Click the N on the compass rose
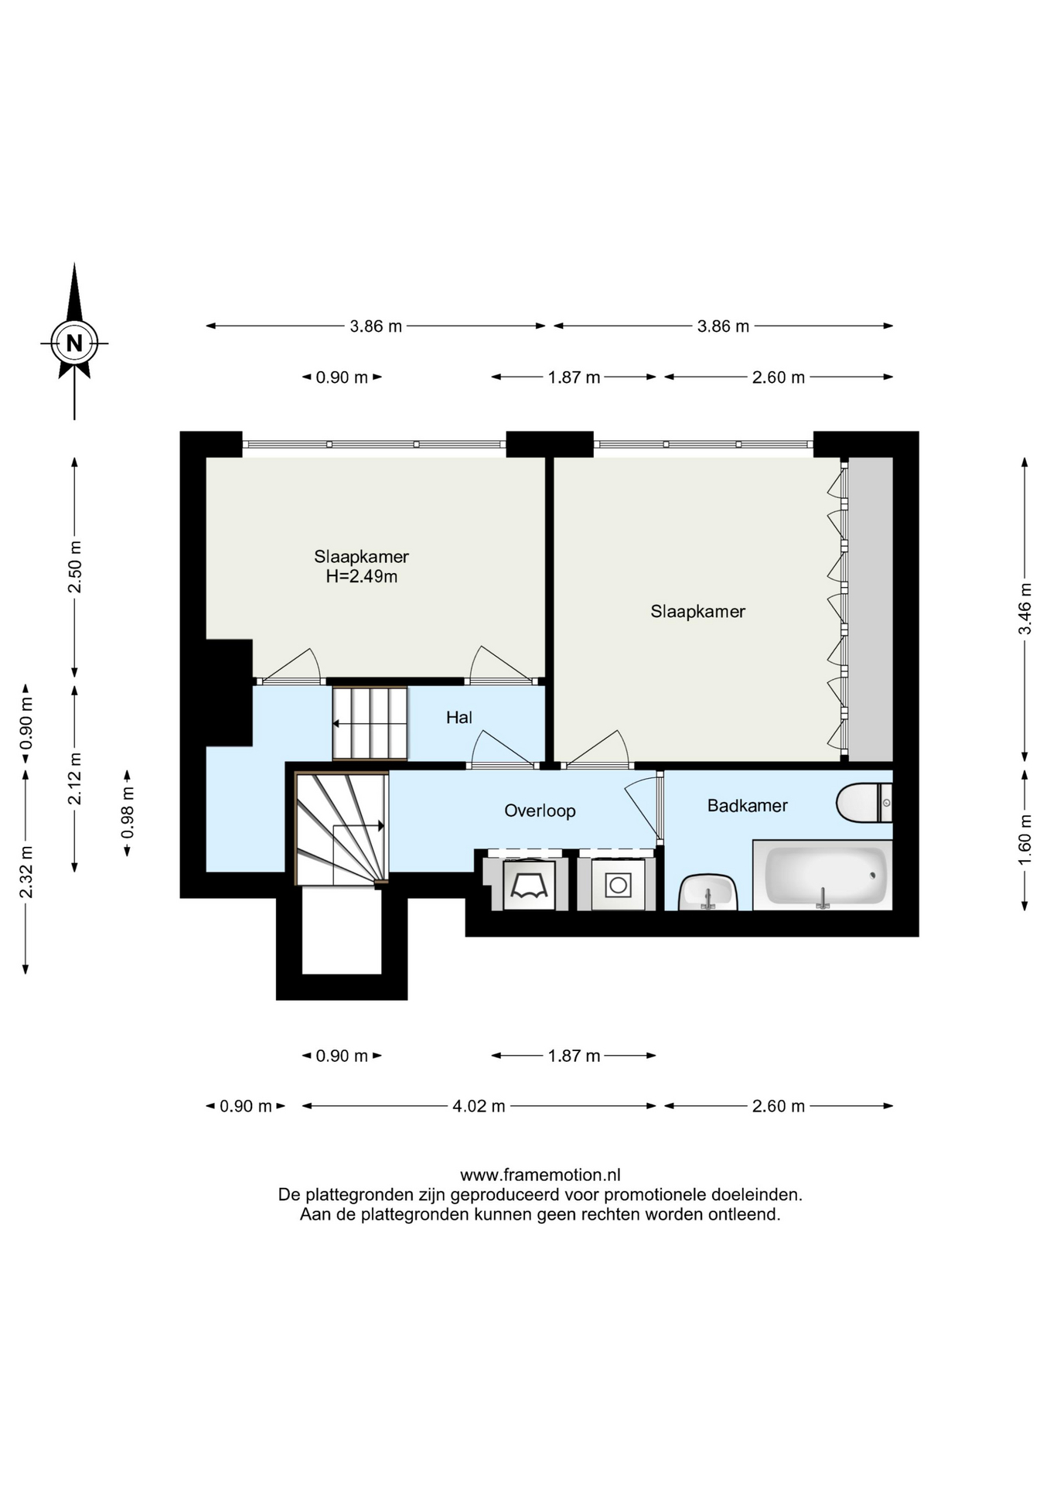(74, 343)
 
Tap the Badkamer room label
(747, 806)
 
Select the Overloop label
(540, 811)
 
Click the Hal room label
(459, 718)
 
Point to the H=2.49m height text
(361, 576)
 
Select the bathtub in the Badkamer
(823, 875)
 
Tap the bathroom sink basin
(707, 893)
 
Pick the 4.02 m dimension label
(479, 1106)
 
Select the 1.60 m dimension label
(1024, 840)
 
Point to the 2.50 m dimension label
(75, 567)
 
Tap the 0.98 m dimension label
(128, 812)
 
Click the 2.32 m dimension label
(26, 872)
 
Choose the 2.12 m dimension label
(75, 778)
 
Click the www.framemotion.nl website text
(540, 1175)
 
